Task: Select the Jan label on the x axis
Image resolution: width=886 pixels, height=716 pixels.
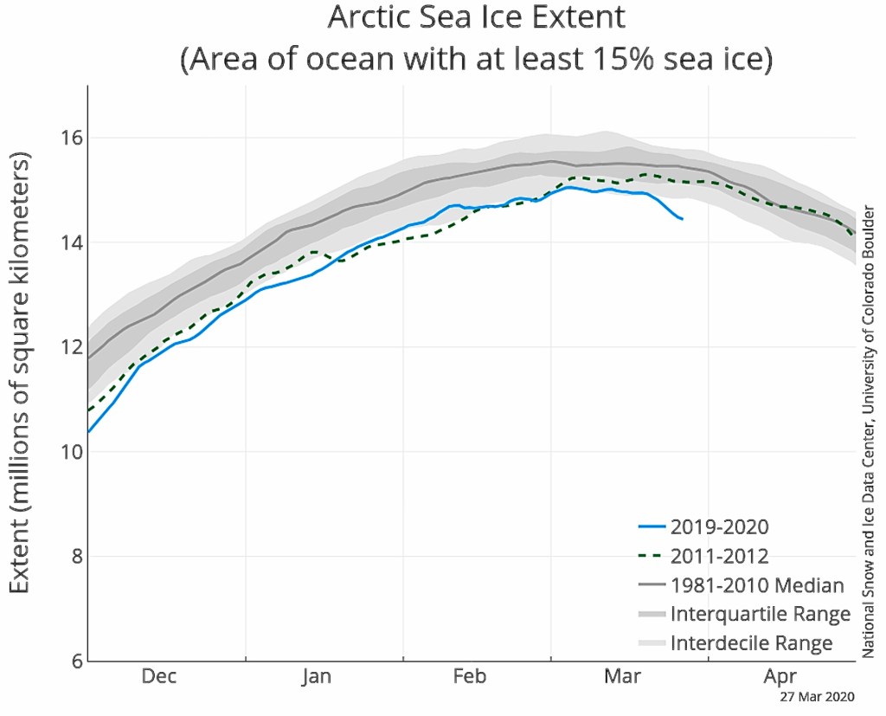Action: tap(317, 676)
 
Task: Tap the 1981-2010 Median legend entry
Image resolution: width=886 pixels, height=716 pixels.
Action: tap(756, 585)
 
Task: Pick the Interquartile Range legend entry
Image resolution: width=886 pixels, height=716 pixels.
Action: tap(760, 614)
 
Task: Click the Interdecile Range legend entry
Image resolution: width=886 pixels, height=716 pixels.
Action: tap(751, 643)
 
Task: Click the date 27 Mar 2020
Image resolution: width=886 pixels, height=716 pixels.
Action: tap(817, 696)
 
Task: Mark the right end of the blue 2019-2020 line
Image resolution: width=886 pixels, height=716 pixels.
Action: tap(683, 219)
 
